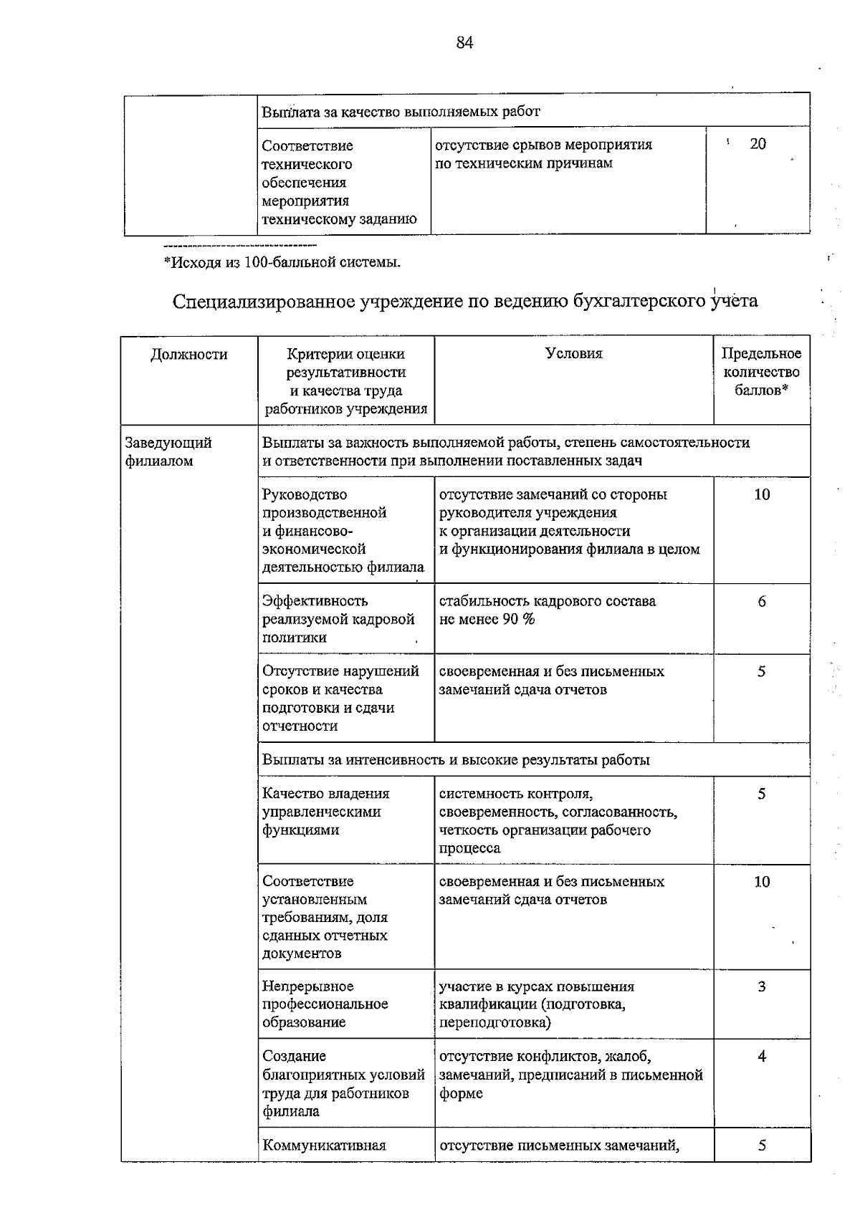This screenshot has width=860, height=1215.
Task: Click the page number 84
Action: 464,43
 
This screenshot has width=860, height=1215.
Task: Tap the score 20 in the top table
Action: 758,144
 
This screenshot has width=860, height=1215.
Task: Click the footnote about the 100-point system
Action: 282,262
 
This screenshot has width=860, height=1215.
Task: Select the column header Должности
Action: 189,354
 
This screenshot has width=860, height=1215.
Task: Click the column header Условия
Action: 573,353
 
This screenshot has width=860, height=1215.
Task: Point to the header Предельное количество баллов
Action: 761,372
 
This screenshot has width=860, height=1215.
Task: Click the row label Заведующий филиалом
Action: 168,451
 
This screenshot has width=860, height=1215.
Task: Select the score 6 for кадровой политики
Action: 761,602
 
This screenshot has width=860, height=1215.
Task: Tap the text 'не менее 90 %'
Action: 487,620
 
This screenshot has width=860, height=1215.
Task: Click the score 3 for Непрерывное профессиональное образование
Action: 761,986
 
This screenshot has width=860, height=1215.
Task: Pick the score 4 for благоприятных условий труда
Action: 761,1056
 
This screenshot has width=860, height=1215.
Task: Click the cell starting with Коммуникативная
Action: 325,1145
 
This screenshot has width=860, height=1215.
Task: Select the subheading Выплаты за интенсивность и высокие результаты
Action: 456,759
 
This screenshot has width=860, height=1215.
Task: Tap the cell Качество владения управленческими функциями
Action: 326,812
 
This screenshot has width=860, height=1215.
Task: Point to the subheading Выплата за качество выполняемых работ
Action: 401,112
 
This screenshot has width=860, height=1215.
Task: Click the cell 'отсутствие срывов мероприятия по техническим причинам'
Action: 543,154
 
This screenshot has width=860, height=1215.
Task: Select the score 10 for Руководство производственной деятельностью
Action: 761,494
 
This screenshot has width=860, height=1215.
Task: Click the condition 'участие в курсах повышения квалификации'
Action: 536,1004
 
